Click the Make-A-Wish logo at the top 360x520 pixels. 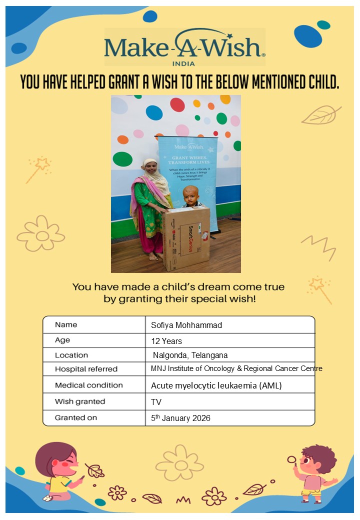184,46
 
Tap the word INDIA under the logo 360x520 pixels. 183,63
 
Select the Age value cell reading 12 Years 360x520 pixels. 167,341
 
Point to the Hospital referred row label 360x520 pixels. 86,369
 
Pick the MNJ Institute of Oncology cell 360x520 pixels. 236,369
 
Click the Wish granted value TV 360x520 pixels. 156,401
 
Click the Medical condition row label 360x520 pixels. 88,385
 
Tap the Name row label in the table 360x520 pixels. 66,325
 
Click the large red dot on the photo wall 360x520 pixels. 177,104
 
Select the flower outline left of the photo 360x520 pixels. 41,233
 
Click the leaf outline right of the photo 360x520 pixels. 321,115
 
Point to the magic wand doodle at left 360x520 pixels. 38,168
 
